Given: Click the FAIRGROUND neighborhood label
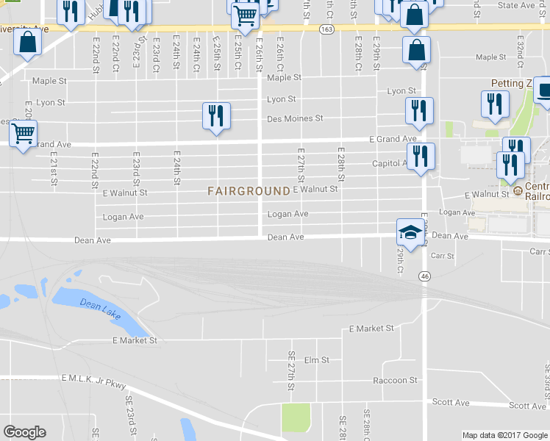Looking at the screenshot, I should click(249, 191).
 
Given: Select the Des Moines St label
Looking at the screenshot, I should click(295, 118).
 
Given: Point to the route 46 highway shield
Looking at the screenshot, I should click(425, 276).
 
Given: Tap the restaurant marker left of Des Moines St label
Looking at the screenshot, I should click(216, 116).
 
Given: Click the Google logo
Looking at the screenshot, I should click(24, 432).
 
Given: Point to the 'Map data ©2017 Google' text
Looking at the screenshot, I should click(504, 435).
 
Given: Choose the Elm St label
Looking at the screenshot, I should click(317, 360).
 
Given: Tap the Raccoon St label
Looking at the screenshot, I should click(395, 380).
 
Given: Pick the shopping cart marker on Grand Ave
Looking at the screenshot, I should click(24, 134).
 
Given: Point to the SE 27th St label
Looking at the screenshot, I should click(291, 370).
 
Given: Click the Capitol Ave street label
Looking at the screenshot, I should click(389, 163).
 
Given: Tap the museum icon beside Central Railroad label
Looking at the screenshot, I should click(518, 192).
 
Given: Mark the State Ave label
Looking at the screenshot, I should click(515, 5).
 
